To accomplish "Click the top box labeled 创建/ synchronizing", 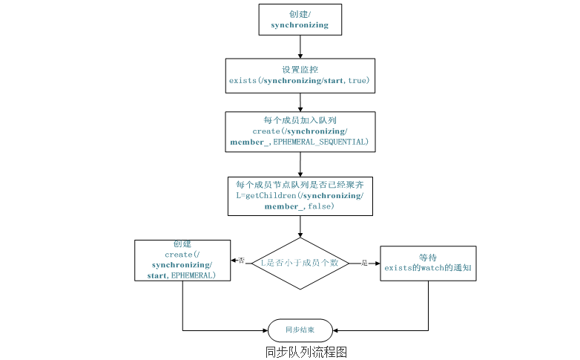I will (x=300, y=19).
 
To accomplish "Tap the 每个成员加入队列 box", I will (x=300, y=131).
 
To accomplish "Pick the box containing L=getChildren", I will (x=300, y=195).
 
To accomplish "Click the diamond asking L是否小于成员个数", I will (x=300, y=263).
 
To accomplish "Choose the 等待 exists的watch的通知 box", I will (x=428, y=264).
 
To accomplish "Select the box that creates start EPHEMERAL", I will (x=182, y=260).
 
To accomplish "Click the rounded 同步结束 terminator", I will (x=300, y=330).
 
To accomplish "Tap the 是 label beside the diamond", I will (x=363, y=263).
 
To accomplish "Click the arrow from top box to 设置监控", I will (x=300, y=46).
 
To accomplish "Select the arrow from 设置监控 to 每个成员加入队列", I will (x=300, y=102).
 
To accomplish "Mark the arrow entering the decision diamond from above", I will (x=300, y=226).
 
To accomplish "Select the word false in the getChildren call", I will (x=320, y=206).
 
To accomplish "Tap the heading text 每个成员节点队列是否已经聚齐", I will (x=300, y=184).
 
